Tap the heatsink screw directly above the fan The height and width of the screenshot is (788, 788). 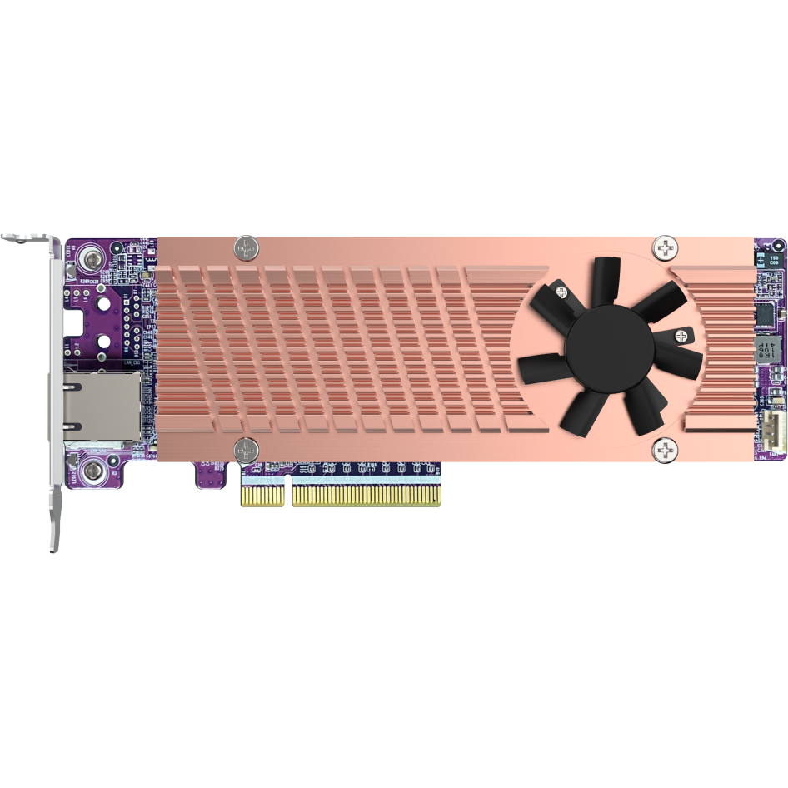[666, 247]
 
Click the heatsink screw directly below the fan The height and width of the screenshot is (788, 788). [666, 451]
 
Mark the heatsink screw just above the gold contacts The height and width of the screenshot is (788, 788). [246, 451]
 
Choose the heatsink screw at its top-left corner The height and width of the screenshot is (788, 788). [246, 246]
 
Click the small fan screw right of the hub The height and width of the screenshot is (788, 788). [683, 337]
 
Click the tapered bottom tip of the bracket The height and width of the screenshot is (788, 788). [54, 533]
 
